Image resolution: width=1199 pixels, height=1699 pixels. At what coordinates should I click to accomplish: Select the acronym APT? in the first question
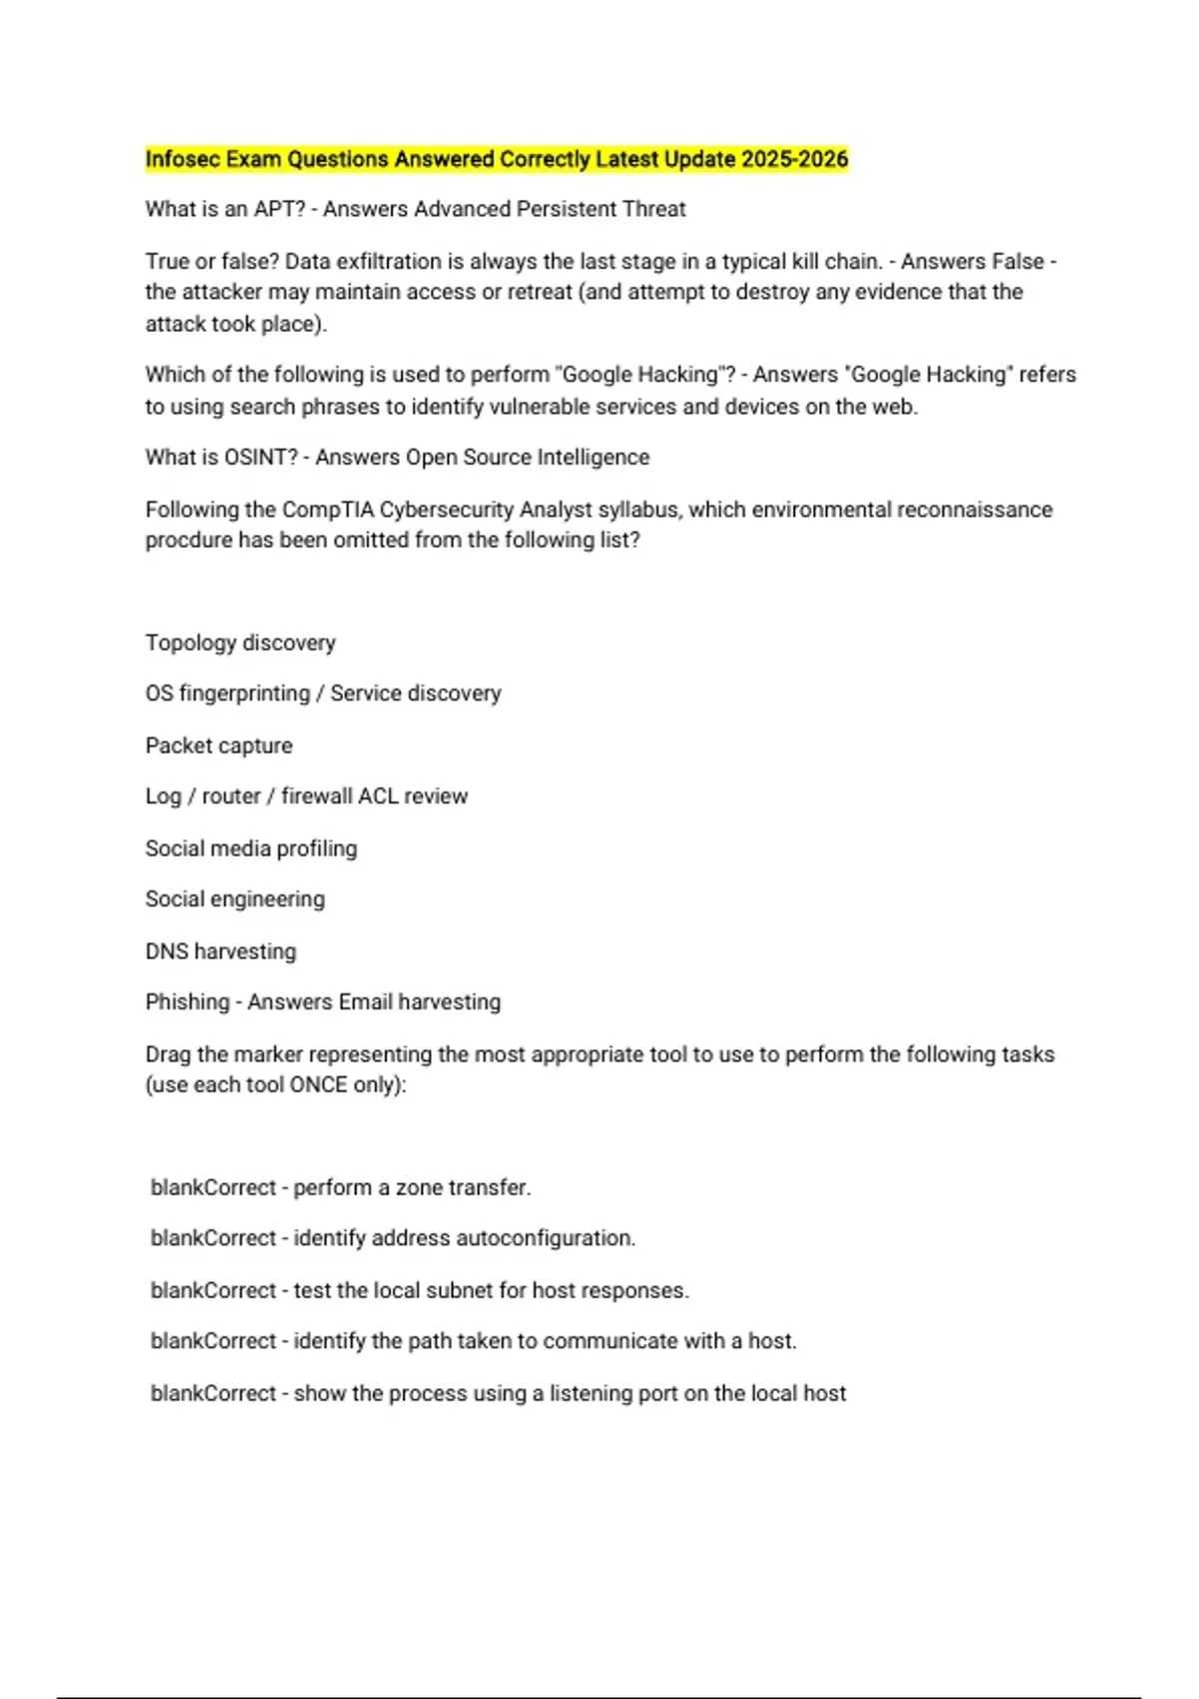coord(280,209)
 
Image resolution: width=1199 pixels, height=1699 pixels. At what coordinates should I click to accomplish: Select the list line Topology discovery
coord(240,643)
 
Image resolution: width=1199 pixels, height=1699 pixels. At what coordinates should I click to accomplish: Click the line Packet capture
coord(219,746)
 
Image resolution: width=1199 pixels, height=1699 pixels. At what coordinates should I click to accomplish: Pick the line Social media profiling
coord(251,849)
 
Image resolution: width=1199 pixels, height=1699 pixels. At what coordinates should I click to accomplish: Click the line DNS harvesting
coord(221,951)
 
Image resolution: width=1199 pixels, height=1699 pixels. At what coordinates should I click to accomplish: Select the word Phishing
coord(187,1002)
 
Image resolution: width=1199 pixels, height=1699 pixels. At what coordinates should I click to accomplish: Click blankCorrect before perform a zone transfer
coord(213,1187)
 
